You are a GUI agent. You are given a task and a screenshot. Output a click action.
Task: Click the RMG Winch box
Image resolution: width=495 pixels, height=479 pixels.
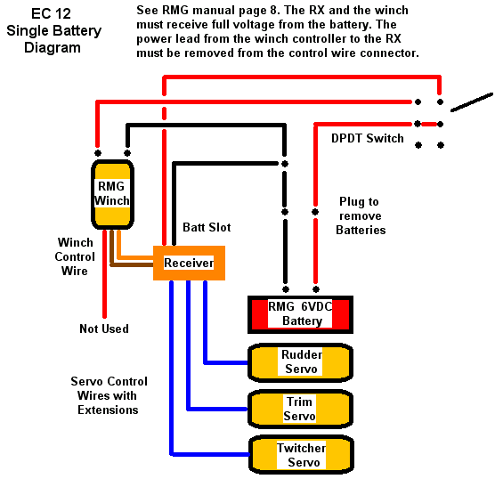112,194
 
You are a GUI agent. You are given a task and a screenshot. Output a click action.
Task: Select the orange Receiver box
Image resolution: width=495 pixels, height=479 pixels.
189,263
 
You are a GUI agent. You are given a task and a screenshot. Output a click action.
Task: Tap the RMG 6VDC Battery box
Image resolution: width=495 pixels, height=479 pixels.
300,314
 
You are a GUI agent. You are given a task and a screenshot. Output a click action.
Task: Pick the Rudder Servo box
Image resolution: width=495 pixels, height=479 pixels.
300,362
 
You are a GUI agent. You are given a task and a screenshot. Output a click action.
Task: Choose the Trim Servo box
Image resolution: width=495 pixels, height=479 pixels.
300,409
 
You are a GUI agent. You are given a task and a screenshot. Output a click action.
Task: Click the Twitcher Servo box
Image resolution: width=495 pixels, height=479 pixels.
301,455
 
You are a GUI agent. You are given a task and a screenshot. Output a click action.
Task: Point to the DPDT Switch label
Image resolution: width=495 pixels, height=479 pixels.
368,138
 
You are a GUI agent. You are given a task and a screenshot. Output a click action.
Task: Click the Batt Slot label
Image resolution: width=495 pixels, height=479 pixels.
207,227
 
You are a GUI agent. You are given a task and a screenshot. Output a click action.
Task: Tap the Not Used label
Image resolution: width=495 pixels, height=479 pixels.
104,329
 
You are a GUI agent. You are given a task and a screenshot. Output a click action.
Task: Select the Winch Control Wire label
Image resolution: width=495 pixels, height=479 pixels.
75,256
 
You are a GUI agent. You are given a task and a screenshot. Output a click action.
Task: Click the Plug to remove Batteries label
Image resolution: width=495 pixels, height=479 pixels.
361,215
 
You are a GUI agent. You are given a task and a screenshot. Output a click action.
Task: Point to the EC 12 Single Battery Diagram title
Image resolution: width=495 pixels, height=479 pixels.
53,30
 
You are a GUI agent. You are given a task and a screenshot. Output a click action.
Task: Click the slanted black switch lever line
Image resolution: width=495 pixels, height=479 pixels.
472,102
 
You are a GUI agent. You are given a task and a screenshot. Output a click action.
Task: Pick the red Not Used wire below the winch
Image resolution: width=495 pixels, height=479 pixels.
104,273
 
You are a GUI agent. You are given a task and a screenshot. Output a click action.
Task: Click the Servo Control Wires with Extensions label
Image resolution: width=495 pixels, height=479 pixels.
109,395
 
